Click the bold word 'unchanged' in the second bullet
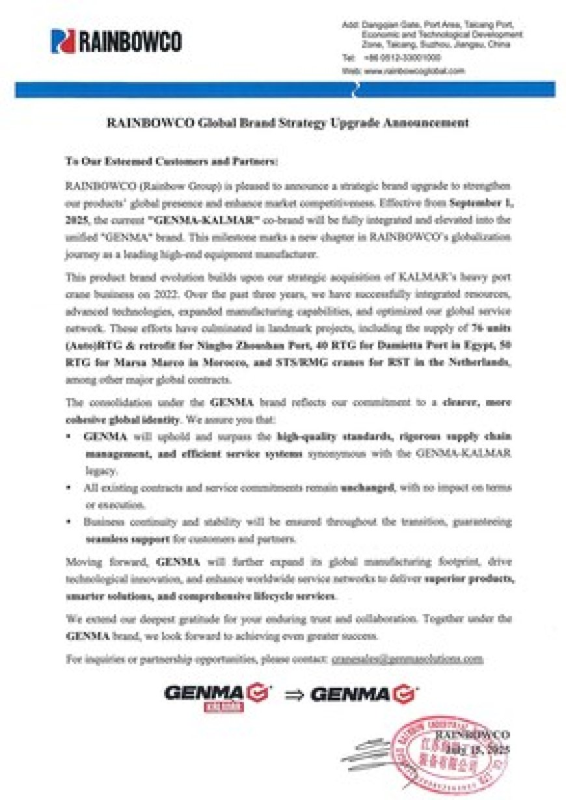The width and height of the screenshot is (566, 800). pyautogui.click(x=368, y=487)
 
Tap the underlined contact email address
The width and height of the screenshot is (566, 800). pyautogui.click(x=407, y=659)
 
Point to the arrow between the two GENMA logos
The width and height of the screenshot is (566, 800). pyautogui.click(x=294, y=695)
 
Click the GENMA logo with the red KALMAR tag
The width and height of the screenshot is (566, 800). pyautogui.click(x=218, y=697)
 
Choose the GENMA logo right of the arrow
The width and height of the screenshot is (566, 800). pyautogui.click(x=364, y=695)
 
